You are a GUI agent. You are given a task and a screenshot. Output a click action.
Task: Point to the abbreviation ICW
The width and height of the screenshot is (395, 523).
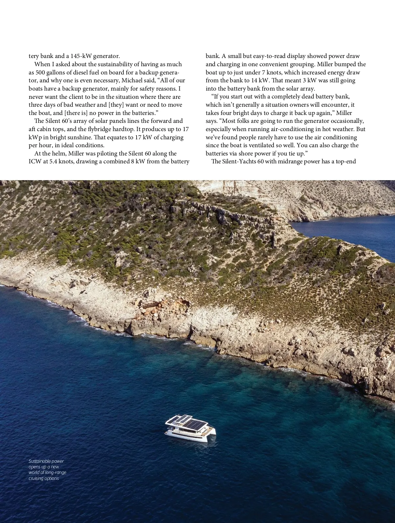[x=35, y=161]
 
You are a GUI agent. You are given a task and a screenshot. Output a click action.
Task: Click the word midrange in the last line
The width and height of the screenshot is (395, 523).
[x=290, y=161]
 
